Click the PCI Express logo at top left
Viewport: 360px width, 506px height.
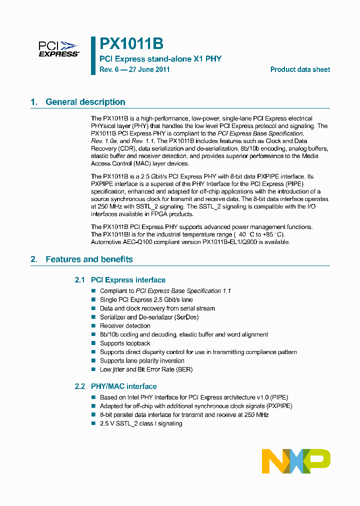coord(58,49)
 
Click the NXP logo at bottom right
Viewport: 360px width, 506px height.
coord(296,460)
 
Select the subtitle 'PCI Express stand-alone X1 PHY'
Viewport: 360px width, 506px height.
coord(160,59)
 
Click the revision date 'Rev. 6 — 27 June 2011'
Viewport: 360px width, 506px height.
coord(134,69)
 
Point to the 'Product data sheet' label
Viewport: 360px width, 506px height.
coord(300,69)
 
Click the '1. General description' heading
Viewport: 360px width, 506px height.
coord(78,102)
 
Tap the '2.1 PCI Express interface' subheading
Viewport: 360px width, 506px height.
coord(120,280)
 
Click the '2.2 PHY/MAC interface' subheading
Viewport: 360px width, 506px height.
coord(115,386)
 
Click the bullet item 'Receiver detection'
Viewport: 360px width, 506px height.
coord(125,326)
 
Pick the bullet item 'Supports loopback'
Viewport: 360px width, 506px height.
coord(125,343)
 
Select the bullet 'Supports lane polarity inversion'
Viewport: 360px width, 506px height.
coord(142,361)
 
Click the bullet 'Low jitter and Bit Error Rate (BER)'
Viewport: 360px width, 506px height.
coord(146,369)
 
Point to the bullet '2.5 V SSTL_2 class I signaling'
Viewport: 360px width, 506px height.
coord(141,423)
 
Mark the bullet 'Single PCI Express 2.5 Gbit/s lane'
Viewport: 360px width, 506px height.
coord(146,299)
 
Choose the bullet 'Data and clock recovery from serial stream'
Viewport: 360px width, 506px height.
coord(157,308)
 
